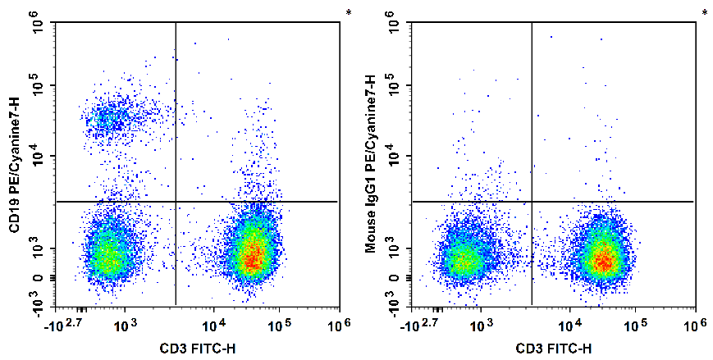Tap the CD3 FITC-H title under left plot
point(198,349)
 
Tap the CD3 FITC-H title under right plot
point(554,349)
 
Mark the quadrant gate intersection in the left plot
point(176,201)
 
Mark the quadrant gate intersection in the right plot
point(532,201)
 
